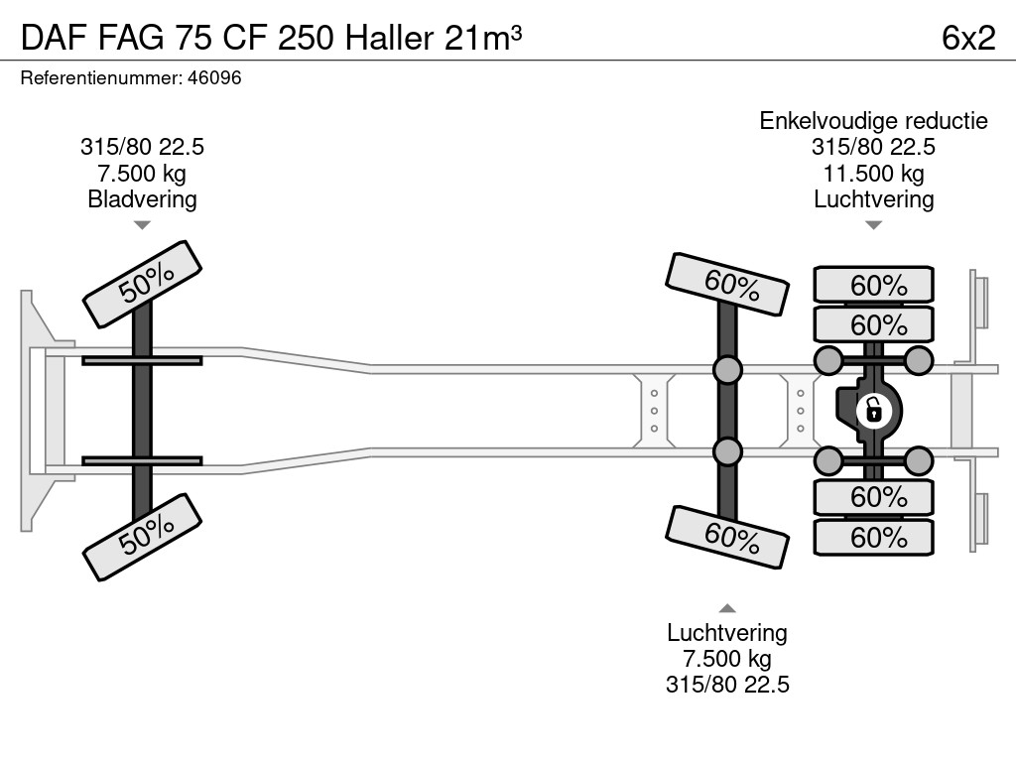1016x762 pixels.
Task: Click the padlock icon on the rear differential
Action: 873,409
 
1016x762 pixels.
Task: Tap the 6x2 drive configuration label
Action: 967,37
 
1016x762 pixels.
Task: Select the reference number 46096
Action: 214,78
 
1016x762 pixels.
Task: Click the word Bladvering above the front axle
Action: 142,199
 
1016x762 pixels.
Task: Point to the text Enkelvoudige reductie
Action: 873,121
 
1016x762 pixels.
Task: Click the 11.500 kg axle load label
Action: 873,174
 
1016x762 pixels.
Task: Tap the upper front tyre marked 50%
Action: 143,283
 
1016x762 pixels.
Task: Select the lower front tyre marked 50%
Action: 143,537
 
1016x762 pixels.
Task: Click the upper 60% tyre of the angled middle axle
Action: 728,284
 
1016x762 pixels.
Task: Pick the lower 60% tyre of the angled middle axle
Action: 728,536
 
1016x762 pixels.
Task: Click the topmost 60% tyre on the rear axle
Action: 874,286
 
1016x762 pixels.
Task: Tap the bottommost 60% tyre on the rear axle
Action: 874,538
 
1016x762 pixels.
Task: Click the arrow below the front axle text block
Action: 142,225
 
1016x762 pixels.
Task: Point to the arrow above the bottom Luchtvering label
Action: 727,608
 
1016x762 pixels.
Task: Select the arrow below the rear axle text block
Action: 873,225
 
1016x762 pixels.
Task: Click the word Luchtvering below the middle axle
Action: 727,633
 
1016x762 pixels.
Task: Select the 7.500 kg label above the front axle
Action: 142,174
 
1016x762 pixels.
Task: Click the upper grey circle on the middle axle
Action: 727,370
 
